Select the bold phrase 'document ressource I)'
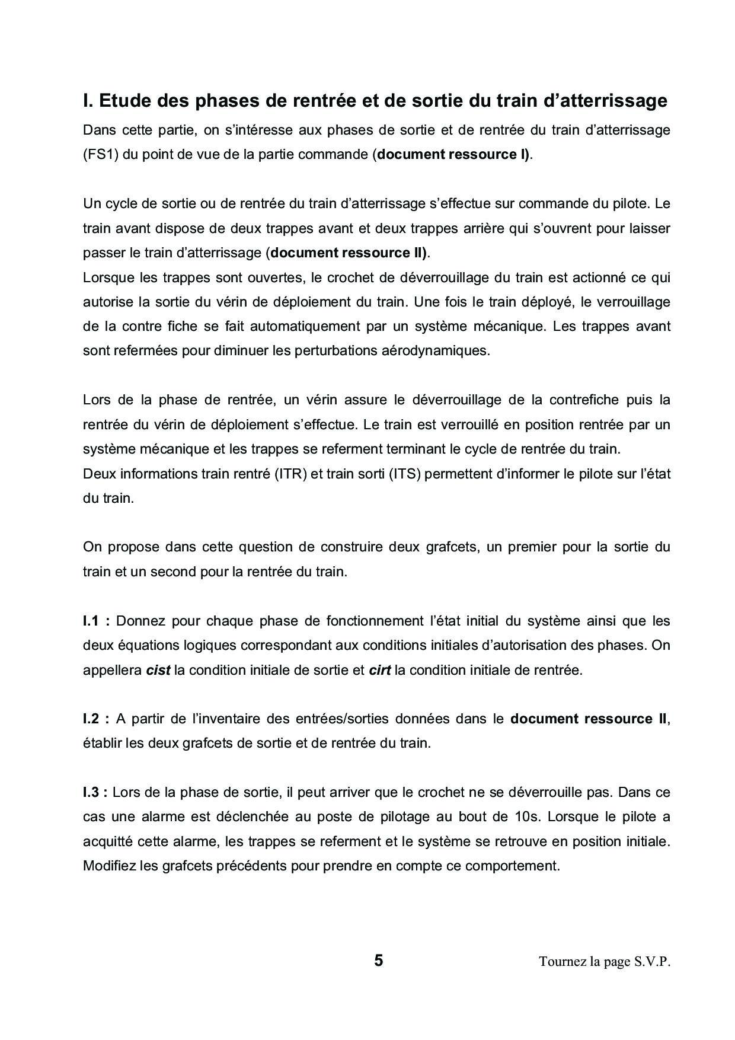coord(454,155)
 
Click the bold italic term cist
coord(158,671)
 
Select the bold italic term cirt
coord(379,671)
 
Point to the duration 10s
coord(524,817)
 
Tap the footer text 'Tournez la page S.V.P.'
coord(604,962)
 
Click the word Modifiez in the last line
coord(110,866)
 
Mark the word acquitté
coord(108,841)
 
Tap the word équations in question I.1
coord(145,646)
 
